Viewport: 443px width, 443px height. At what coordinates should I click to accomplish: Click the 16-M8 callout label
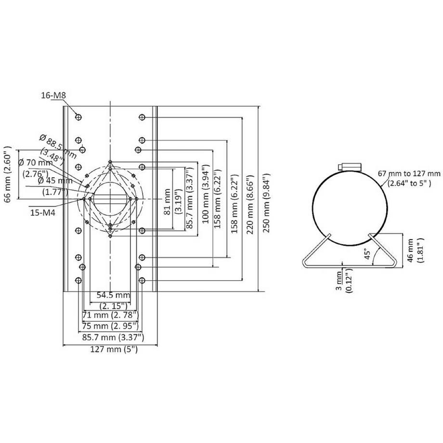pos(53,96)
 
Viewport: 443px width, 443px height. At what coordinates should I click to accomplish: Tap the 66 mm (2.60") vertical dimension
pos(8,172)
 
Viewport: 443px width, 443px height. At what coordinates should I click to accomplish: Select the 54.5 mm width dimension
pos(113,295)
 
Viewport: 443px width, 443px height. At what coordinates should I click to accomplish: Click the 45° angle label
pos(367,253)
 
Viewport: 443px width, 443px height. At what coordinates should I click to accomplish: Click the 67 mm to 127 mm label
pos(409,178)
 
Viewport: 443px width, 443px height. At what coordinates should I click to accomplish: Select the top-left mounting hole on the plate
pos(78,117)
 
